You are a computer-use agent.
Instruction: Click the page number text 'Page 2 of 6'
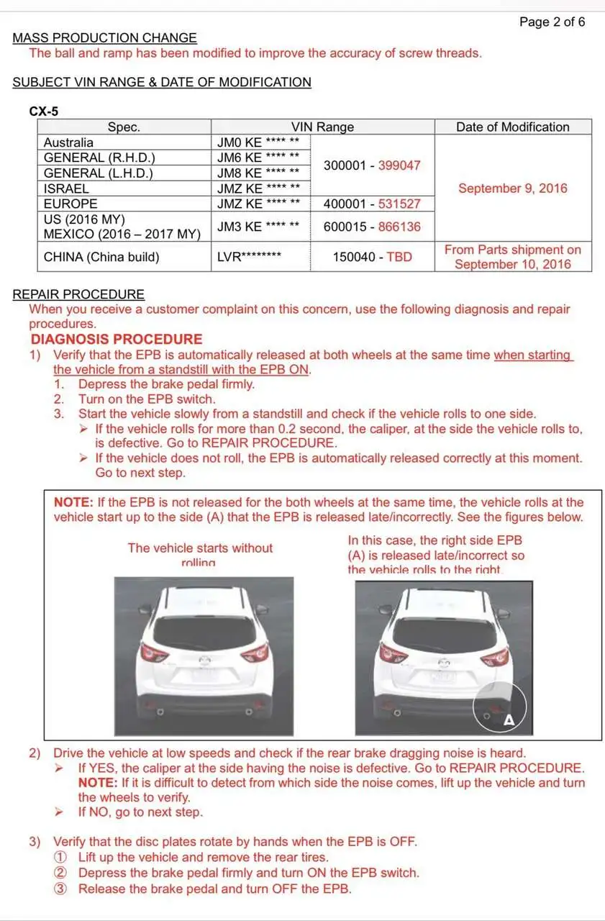(x=552, y=22)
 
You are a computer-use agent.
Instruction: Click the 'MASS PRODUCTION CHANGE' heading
(x=104, y=38)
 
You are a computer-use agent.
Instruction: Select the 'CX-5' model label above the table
(x=44, y=112)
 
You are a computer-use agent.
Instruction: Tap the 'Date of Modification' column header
(x=512, y=127)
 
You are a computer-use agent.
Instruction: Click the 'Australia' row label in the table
(x=68, y=142)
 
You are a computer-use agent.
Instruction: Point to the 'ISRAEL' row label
(x=66, y=189)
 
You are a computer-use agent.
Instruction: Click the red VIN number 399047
(x=399, y=165)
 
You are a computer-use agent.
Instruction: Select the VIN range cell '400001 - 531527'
(x=372, y=204)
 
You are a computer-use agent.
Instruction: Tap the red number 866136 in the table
(x=399, y=227)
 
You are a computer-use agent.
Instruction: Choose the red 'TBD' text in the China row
(x=399, y=257)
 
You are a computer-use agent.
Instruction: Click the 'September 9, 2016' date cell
(x=512, y=189)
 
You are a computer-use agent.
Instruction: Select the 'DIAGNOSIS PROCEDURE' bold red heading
(x=117, y=339)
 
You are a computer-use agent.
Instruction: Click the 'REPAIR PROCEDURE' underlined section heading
(x=78, y=294)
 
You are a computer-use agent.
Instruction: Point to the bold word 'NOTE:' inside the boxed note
(x=73, y=502)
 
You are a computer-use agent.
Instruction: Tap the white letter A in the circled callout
(x=509, y=720)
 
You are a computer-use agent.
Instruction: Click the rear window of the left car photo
(x=204, y=630)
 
